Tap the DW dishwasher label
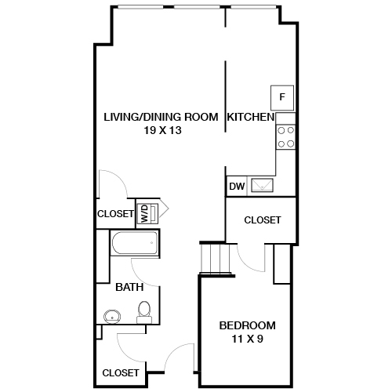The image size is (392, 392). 236,187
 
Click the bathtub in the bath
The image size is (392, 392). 134,243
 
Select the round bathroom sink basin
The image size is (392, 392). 111,318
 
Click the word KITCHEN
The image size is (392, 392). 250,117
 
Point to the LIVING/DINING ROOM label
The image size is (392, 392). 161,117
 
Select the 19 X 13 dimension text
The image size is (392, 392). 163,131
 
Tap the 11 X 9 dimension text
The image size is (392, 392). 247,339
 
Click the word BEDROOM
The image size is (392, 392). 247,325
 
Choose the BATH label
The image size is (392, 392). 129,287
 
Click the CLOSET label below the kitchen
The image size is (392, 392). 262,220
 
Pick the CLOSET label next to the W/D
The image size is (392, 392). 115,213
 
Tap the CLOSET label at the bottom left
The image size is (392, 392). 121,372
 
